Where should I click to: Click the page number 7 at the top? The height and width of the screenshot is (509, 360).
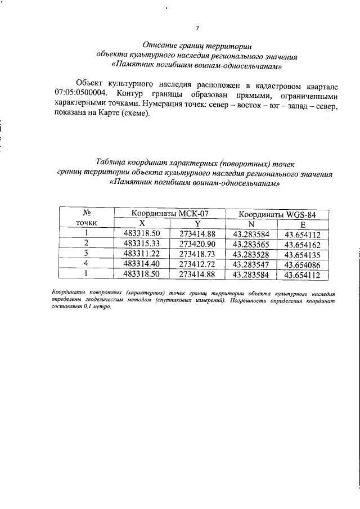197,28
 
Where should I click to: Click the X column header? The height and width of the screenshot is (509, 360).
142,224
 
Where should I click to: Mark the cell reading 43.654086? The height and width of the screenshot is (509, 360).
302,265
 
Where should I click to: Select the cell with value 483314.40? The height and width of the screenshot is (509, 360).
142,264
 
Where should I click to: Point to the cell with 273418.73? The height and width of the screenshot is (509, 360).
197,254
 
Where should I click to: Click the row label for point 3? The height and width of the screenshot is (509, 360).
87,254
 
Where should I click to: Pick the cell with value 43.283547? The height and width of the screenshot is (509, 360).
251,265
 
